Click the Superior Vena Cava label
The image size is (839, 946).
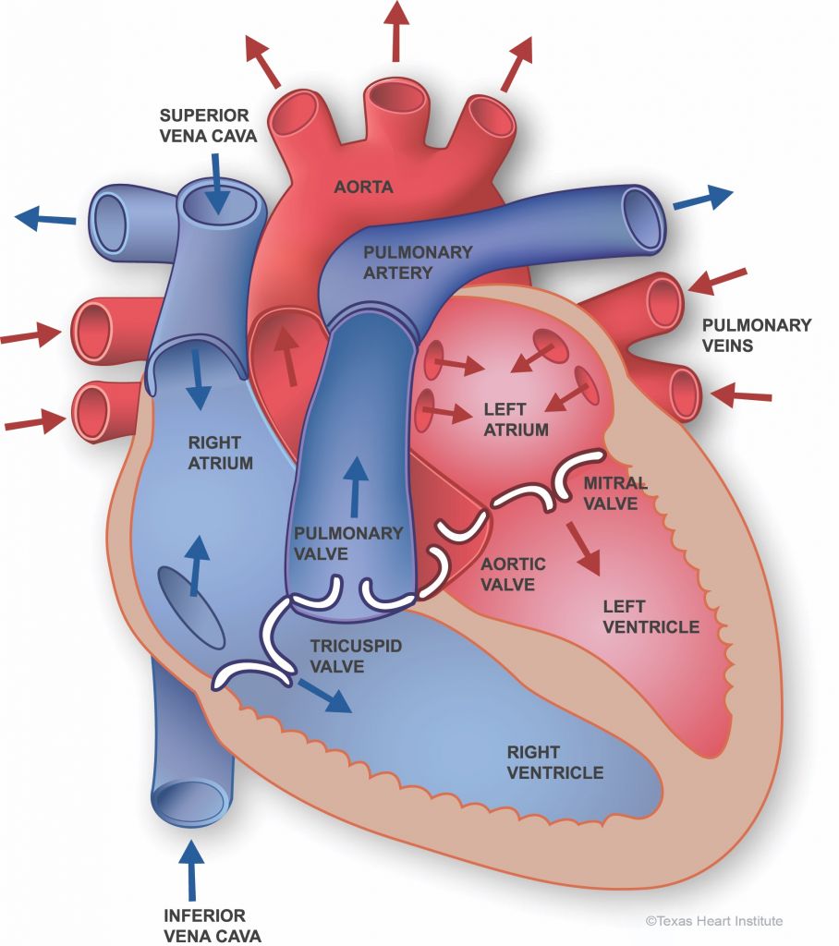(x=208, y=125)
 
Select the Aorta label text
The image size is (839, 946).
(x=363, y=187)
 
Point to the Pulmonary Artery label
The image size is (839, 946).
(x=417, y=261)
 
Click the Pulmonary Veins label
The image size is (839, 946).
(x=757, y=335)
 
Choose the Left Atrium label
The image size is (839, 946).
(x=517, y=419)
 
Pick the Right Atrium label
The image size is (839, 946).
(x=220, y=453)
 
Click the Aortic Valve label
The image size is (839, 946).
(x=513, y=574)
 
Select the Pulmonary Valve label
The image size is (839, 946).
(x=348, y=543)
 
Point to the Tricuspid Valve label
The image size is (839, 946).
(x=356, y=656)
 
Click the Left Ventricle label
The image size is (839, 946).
(x=651, y=616)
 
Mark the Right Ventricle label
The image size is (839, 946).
(x=554, y=762)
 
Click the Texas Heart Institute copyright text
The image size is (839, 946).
(x=714, y=921)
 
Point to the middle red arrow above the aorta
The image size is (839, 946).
(x=396, y=30)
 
